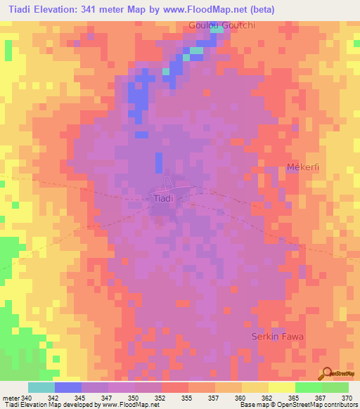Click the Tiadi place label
pos(163,199)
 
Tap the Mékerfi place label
pos(304,167)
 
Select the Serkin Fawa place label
pos(278,337)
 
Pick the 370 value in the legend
pos(348,398)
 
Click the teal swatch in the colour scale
pos(41,387)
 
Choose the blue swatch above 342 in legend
pos(67,387)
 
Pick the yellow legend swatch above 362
pos(255,387)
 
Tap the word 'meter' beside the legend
pos(11,398)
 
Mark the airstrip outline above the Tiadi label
pos(167,183)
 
